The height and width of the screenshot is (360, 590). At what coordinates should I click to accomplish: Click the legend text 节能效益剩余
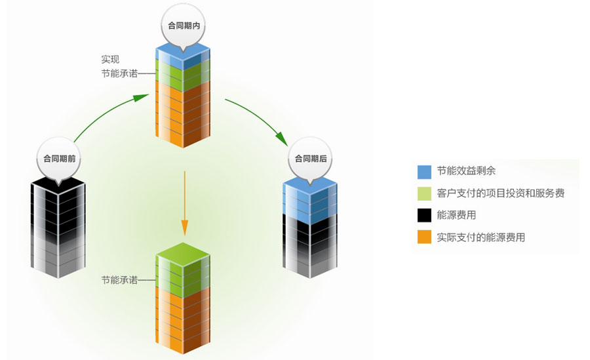[x=466, y=171]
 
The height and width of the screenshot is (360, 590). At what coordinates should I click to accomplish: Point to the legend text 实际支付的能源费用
[x=481, y=237]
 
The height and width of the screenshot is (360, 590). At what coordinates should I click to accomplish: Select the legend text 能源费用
[x=456, y=215]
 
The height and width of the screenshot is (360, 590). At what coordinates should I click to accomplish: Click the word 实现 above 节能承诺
[x=110, y=59]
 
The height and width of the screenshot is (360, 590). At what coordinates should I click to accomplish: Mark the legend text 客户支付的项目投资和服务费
[x=500, y=193]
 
